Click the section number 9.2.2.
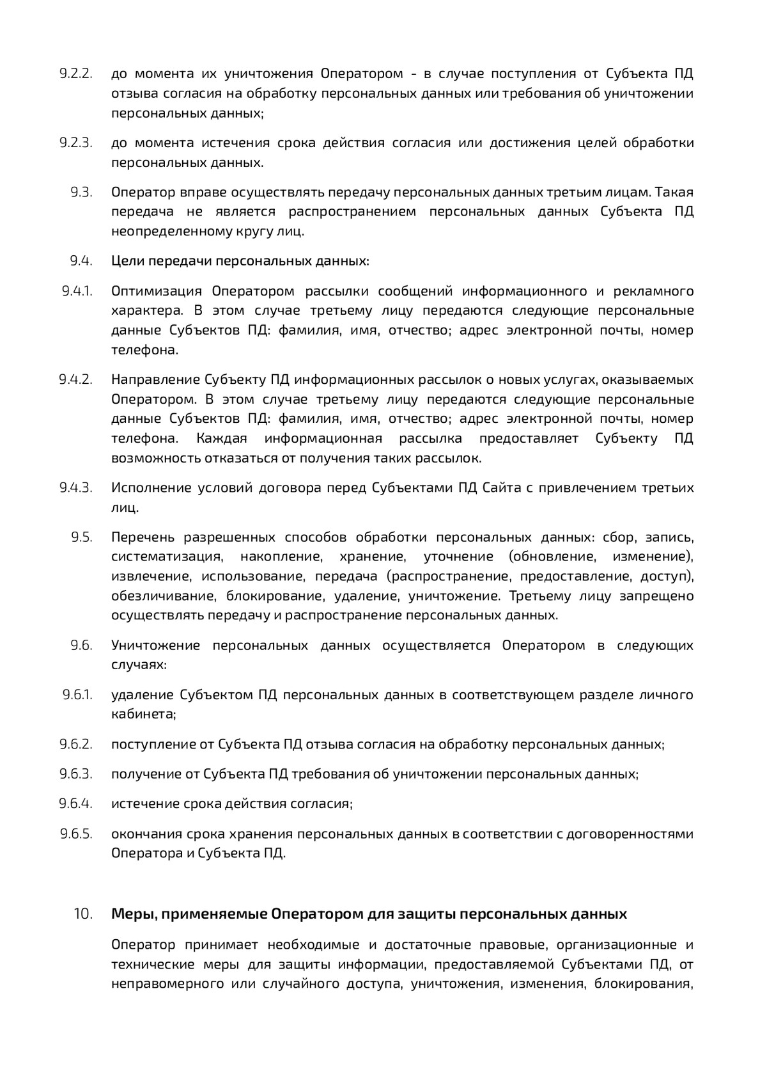pos(76,74)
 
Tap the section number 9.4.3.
pos(76,488)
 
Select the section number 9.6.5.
pos(76,834)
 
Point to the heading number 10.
pos(83,914)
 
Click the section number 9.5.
pos(82,537)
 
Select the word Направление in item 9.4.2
pos(155,380)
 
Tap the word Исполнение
pos(151,488)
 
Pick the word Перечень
pos(143,537)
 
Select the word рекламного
pos(653,292)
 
